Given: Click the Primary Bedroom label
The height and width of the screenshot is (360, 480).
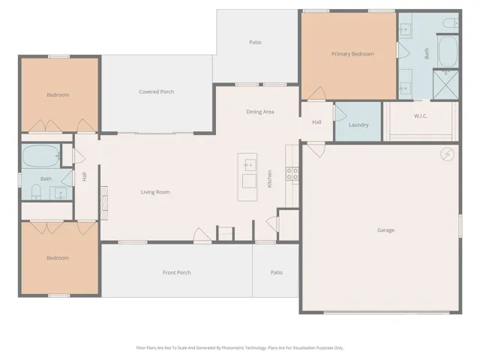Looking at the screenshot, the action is (x=352, y=54).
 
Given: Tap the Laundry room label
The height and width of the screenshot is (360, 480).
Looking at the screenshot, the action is (x=358, y=125).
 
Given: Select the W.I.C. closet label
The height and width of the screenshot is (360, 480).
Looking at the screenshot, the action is (x=421, y=116).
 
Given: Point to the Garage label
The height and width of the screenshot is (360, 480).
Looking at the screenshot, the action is (x=385, y=230).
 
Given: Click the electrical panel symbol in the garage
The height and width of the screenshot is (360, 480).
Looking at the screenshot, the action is (x=447, y=154).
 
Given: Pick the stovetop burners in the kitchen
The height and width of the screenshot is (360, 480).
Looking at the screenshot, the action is (x=292, y=174).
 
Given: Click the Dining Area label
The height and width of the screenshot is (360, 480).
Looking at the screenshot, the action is (x=260, y=112).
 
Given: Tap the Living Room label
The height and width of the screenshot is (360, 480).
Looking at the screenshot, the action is (x=155, y=192).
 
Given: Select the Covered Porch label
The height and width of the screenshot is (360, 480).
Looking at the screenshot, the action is (x=157, y=91).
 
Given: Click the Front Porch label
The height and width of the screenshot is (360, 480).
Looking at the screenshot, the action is (x=177, y=272).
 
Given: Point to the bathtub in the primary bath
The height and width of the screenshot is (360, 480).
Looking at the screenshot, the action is (x=448, y=51).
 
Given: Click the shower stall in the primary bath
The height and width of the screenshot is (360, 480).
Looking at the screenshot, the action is (x=445, y=85).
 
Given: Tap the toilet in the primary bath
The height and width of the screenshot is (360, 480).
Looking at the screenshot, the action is (x=451, y=22).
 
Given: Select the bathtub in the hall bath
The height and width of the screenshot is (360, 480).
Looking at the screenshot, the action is (x=41, y=156).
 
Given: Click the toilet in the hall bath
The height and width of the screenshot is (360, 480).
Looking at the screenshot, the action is (x=36, y=192).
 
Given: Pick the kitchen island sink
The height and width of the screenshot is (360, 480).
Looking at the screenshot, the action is (x=250, y=165).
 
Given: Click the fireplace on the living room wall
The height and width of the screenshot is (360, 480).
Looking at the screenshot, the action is (x=104, y=203).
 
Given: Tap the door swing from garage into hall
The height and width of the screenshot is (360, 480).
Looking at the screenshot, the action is (x=316, y=150).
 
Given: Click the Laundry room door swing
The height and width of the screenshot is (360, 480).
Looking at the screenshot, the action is (x=340, y=113).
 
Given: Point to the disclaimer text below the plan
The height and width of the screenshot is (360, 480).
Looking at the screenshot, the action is (x=240, y=348).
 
